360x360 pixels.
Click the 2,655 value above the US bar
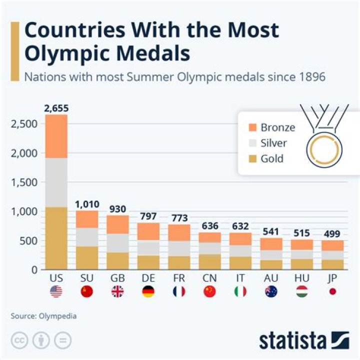[56, 108]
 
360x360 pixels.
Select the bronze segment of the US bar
[56, 136]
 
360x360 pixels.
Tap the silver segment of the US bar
[56, 182]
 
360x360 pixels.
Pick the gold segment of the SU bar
[87, 258]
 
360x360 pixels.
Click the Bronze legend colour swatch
[251, 127]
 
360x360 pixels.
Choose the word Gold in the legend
[272, 159]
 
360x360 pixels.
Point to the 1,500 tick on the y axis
[24, 182]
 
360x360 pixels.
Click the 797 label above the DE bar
[148, 217]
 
